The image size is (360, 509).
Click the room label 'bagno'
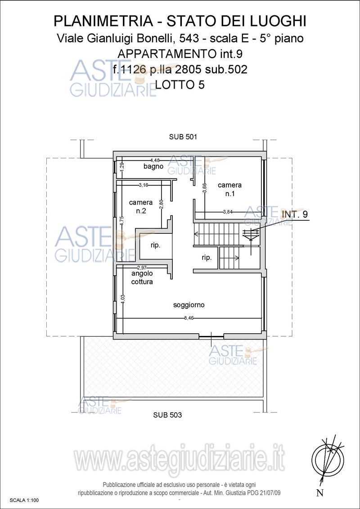(x=153, y=166)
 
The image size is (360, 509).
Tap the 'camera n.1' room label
(x=229, y=188)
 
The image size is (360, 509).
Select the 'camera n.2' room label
(x=141, y=206)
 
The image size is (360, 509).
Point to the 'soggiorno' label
(x=189, y=305)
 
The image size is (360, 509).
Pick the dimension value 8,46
(x=189, y=318)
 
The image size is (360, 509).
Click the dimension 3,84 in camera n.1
(x=228, y=212)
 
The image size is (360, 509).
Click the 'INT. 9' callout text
(x=295, y=214)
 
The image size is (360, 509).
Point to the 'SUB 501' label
(x=183, y=137)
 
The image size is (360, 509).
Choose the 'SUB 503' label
(x=167, y=415)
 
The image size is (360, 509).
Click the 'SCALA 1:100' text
(x=24, y=500)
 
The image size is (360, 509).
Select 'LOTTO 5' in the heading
(x=180, y=85)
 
